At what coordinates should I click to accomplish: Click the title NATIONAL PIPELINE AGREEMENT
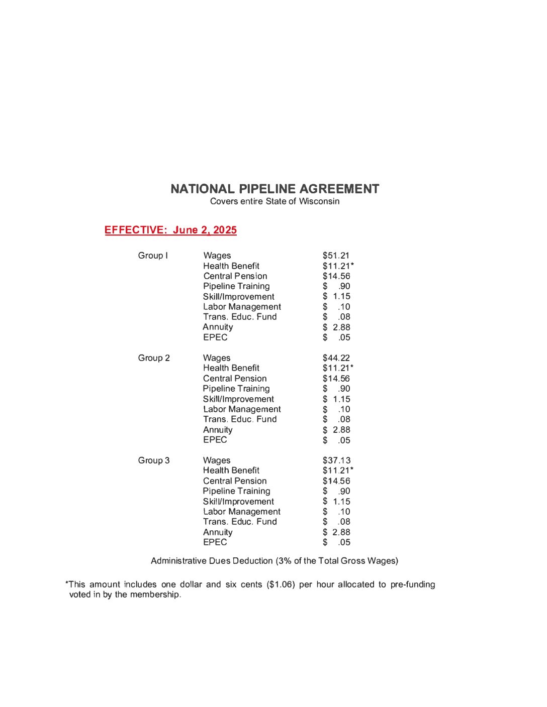coord(275,189)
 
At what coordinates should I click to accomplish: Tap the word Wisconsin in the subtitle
coord(319,201)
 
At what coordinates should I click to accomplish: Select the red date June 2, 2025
coord(205,230)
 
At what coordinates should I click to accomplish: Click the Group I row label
coord(153,256)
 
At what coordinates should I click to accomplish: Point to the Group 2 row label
coord(154,358)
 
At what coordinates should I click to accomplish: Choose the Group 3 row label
coord(154,460)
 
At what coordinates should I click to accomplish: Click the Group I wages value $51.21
coord(336,256)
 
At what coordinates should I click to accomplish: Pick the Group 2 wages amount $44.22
coord(336,358)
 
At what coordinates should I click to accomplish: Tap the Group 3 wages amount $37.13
coord(336,460)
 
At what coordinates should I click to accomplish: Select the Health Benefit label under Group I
coord(231,266)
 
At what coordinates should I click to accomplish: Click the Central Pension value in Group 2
coord(336,379)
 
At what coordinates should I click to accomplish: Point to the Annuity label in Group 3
coord(218,532)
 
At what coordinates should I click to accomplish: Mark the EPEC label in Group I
coord(215,337)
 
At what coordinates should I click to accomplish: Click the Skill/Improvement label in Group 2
coord(238,399)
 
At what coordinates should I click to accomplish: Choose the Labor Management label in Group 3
coord(242,512)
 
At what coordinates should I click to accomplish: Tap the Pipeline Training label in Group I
coord(236,286)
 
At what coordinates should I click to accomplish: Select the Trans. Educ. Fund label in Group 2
coord(240,419)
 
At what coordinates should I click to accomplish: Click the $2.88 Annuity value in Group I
coord(336,327)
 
